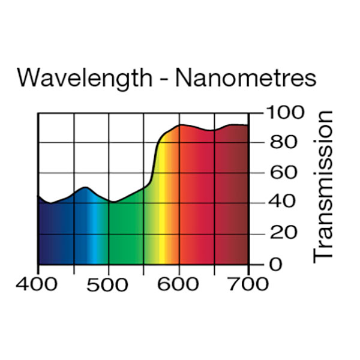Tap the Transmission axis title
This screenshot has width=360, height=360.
coord(323,187)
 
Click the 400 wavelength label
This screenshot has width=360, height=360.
coord(38,284)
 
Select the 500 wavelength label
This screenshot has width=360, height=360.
coord(109,284)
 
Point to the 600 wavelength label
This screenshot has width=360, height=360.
coord(179,284)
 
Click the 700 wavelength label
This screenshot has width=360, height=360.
coord(248,284)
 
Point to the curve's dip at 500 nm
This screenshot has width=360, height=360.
coord(112,202)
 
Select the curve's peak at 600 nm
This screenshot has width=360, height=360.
coord(181,125)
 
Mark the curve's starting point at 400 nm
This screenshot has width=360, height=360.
coord(39,196)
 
